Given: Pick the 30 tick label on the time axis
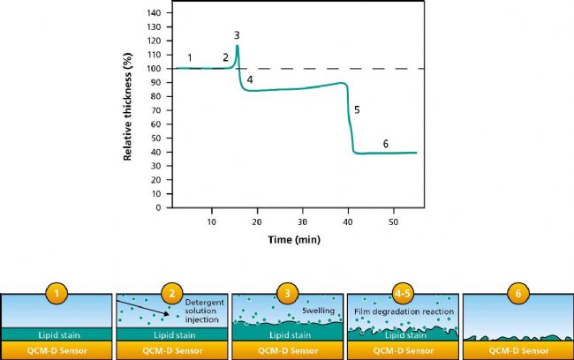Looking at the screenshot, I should (x=303, y=221).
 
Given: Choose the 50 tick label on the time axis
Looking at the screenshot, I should (x=394, y=221).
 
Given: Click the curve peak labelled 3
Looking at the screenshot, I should (x=238, y=46).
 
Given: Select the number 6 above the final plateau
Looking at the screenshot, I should (x=385, y=143).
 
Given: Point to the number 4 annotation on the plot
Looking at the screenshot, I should (x=250, y=80).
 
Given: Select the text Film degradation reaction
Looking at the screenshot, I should (x=404, y=311).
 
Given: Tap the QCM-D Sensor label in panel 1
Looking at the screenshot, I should (x=57, y=350).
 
